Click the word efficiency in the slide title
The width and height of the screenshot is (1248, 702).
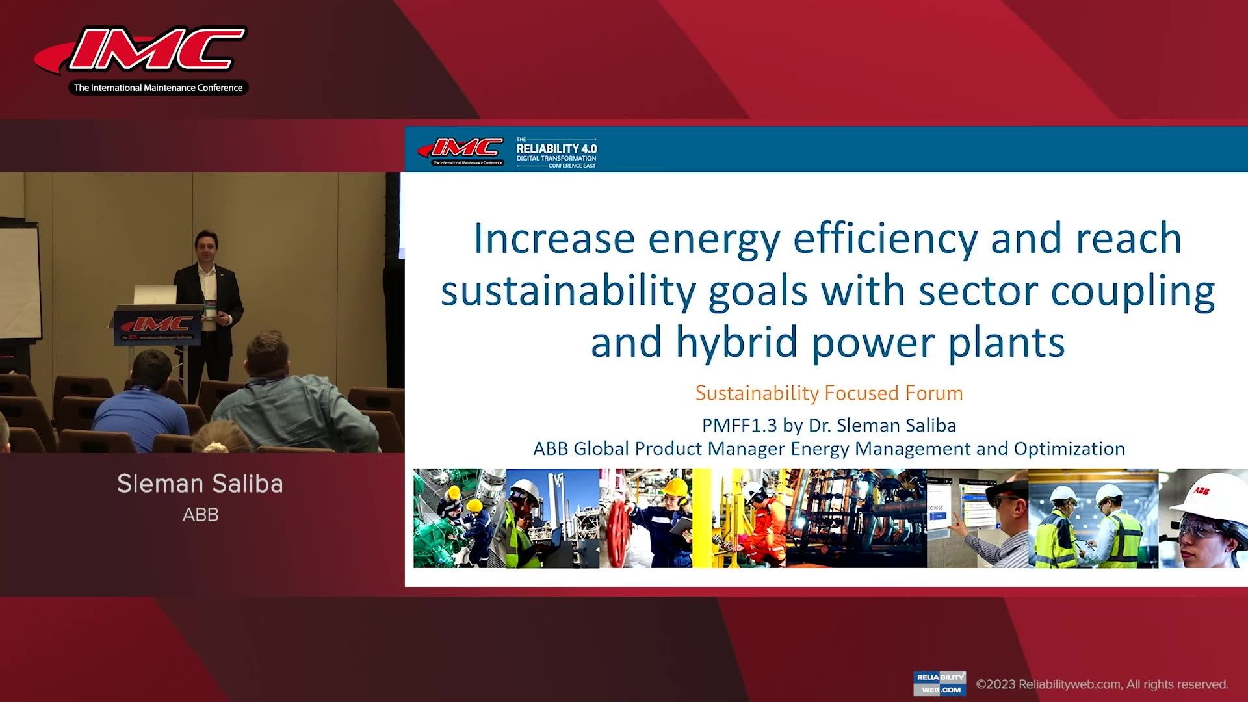coord(885,239)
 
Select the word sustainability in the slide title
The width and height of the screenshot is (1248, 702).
coord(568,291)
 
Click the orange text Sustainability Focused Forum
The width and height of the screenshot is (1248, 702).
coord(829,393)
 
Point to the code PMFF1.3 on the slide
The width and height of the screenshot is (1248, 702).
coord(739,426)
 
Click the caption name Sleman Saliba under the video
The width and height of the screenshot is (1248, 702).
coord(200,484)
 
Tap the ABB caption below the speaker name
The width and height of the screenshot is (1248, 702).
coord(200,515)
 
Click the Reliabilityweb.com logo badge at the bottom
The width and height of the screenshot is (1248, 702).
coord(939,683)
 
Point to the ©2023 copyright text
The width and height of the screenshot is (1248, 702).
coord(1102,684)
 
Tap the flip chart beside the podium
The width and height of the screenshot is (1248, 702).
coord(19,279)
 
